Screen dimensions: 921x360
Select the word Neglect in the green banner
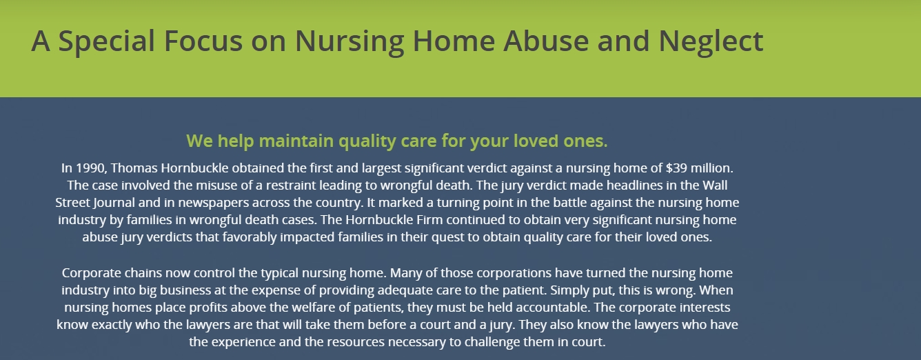[711, 41]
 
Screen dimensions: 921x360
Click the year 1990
[91, 168]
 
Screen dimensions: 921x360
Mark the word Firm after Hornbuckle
[429, 220]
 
